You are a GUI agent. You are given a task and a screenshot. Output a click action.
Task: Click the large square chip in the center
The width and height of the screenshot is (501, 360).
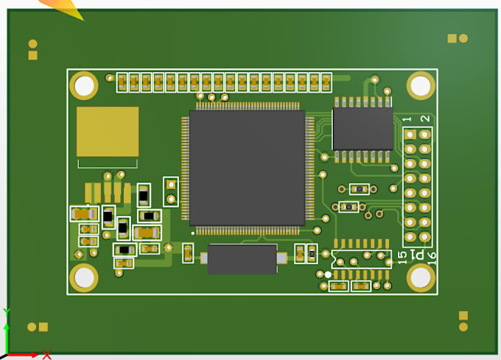[x=247, y=167]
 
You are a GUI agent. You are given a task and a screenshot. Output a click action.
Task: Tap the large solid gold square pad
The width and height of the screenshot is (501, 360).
[x=108, y=131]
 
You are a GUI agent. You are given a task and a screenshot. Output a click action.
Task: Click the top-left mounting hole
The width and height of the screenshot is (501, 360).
[x=84, y=86]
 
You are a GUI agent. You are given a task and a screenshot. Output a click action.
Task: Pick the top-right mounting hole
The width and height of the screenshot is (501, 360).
[x=421, y=86]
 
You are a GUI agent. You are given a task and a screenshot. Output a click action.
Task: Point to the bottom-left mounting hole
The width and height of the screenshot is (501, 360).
[x=84, y=278]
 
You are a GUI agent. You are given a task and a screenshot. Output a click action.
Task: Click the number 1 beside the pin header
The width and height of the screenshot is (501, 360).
[x=406, y=119]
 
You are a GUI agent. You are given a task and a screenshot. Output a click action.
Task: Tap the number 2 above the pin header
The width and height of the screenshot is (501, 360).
[x=424, y=119]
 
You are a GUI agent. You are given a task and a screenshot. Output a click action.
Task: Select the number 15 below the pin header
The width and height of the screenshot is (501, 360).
[x=402, y=257]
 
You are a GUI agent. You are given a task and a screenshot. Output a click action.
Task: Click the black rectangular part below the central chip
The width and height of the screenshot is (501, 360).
[x=242, y=258]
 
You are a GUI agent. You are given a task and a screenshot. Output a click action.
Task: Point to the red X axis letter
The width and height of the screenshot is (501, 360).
[x=46, y=355]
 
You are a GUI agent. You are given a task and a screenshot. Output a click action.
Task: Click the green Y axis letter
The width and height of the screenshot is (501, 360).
[x=5, y=312]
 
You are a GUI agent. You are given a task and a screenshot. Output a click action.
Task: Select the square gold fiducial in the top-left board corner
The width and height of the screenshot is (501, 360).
[x=32, y=55]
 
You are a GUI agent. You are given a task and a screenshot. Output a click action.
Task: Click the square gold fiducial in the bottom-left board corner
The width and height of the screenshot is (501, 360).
[x=43, y=327]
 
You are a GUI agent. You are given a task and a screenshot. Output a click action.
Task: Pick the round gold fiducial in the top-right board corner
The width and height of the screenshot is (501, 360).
[x=463, y=38]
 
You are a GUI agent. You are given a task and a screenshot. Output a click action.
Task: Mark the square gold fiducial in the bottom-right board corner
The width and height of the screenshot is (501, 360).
[x=463, y=316]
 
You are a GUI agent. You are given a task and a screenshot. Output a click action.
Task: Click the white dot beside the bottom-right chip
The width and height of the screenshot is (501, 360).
[x=328, y=275]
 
